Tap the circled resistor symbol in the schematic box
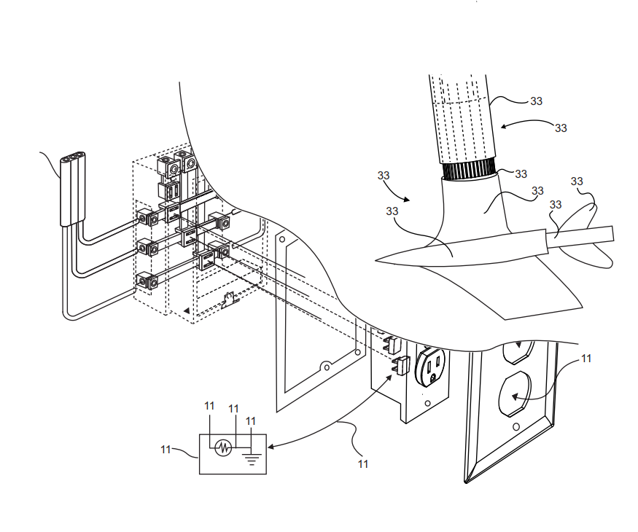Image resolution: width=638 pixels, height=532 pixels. click(x=223, y=447)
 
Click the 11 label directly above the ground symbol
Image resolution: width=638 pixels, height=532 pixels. click(x=251, y=421)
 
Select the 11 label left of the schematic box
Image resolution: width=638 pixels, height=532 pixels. click(x=166, y=450)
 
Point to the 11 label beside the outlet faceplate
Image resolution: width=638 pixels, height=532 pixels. click(x=586, y=359)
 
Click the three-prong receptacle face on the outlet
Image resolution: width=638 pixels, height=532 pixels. click(x=430, y=366)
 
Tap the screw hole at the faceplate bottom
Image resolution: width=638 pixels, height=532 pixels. click(x=516, y=427)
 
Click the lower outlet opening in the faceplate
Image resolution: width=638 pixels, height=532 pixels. click(x=515, y=394)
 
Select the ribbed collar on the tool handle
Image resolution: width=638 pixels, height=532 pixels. click(x=469, y=169)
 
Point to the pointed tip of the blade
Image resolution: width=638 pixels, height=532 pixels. click(x=376, y=261)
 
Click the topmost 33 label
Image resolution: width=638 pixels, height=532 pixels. click(x=536, y=101)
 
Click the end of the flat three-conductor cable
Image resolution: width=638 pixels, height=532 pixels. click(x=73, y=157)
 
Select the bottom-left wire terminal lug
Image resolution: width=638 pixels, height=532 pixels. click(x=147, y=282)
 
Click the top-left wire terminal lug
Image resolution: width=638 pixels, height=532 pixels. click(x=147, y=219)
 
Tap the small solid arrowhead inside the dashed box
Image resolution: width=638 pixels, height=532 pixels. click(x=187, y=310)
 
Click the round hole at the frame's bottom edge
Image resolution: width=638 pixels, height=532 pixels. click(x=326, y=367)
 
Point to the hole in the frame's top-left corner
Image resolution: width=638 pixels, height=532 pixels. click(x=283, y=239)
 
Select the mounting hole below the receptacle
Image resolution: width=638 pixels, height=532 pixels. click(x=427, y=404)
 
